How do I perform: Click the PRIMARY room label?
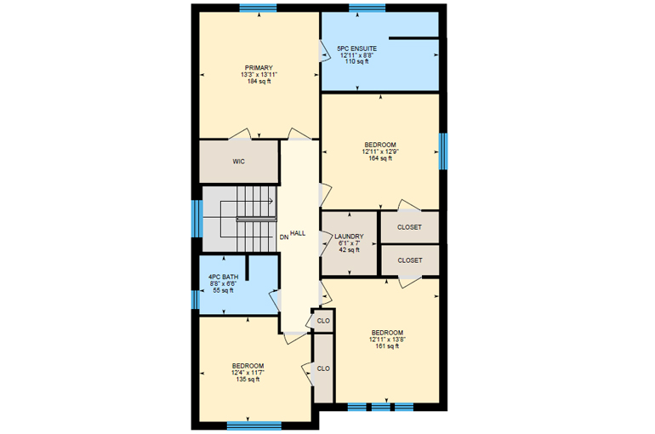(259, 68)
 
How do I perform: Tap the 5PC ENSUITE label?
(356, 49)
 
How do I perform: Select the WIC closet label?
(238, 161)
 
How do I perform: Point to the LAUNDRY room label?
(349, 237)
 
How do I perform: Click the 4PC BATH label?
(223, 277)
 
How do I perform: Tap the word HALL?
(298, 233)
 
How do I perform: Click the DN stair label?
(284, 237)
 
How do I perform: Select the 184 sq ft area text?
(259, 81)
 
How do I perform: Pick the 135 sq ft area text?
(248, 380)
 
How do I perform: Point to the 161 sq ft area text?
(387, 345)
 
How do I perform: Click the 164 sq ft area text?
(380, 158)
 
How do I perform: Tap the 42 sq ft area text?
(349, 250)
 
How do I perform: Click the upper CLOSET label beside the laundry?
(409, 227)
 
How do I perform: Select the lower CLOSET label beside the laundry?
(410, 260)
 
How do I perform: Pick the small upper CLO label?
(323, 321)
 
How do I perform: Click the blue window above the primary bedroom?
(258, 8)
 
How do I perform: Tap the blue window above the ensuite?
(367, 8)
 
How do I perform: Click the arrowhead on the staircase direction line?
(271, 201)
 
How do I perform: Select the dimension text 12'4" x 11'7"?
(248, 373)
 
